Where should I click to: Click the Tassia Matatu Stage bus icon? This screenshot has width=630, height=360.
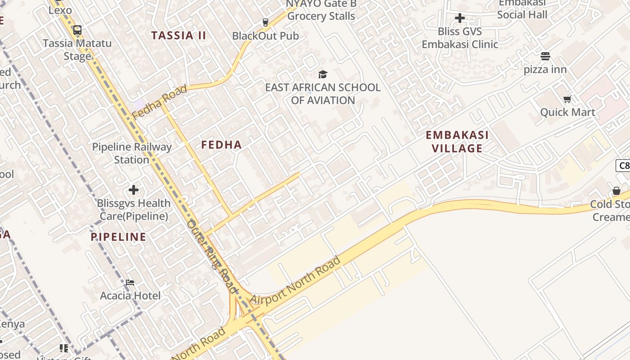coord(77,31)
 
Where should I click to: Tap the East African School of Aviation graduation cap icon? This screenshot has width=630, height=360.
coord(323,74)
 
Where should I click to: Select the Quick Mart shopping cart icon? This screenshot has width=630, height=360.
coord(567,99)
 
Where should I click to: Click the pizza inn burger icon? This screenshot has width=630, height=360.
coord(545,56)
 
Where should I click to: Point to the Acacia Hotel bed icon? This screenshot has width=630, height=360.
coord(130,283)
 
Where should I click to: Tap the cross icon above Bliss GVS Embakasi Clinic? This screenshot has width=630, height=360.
coord(459,18)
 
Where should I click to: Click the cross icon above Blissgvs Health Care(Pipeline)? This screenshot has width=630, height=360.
coord(133,190)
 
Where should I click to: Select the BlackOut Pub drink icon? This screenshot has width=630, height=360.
coord(265,22)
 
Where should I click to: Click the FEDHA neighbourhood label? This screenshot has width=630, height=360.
coord(221,145)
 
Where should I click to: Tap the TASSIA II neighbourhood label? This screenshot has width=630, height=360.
coord(179,36)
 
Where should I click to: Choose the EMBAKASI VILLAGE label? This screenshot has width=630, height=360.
coord(457,142)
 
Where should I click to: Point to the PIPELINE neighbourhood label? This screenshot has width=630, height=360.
coord(119,237)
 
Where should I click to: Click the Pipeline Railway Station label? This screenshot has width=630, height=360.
coord(132,153)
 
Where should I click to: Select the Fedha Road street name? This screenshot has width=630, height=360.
coord(160,102)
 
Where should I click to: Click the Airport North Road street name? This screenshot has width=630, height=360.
coord(295,281)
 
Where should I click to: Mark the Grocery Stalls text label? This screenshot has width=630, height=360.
coord(321,16)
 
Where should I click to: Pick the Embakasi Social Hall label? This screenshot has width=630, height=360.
coord(522,9)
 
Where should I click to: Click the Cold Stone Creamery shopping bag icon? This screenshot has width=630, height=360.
coord(616,191)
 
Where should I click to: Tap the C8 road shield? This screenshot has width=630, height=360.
coord(623,166)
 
